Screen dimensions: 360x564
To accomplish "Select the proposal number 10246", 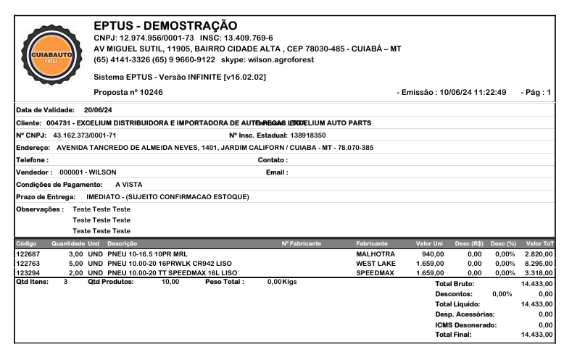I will pos(150,92).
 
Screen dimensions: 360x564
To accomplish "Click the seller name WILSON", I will pos(102,172).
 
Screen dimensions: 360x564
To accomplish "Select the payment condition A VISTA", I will pos(128,184).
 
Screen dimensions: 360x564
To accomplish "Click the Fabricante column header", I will pos(372,243).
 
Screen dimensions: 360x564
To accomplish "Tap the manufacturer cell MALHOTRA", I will pos(375,254).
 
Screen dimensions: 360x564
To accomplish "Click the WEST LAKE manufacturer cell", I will pos(376,264).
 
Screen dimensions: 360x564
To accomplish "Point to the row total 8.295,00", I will pos(541,264).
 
